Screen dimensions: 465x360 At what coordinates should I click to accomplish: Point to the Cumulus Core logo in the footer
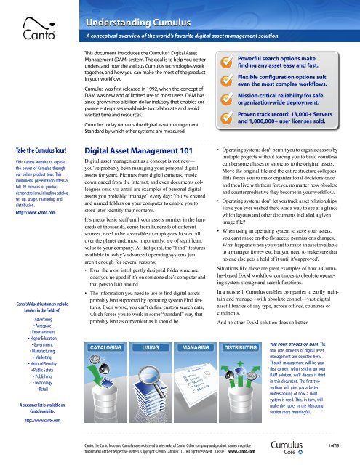tap(308, 444)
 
